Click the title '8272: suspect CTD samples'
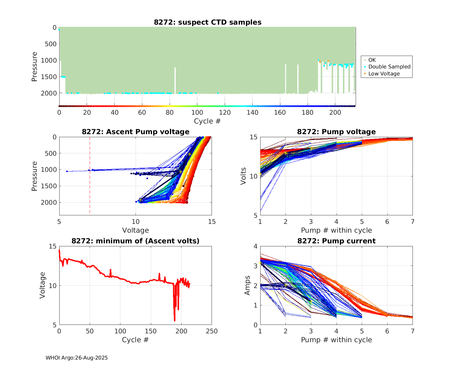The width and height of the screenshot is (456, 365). [208, 22]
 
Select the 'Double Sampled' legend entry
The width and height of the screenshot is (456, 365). [389, 67]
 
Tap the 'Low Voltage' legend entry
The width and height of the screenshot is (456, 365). [384, 74]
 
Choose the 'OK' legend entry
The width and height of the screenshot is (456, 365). [372, 60]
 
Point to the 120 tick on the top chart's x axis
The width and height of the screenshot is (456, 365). [225, 113]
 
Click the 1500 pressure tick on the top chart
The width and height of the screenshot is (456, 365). [49, 77]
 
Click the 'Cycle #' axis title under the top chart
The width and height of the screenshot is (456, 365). [207, 121]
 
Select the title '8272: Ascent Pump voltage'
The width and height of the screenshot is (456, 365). [136, 132]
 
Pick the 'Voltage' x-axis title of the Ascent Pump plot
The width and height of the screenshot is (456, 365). [136, 230]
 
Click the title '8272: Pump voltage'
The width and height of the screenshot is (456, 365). [336, 132]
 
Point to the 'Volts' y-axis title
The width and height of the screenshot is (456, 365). [243, 176]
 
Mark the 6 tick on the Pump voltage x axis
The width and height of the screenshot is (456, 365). [387, 222]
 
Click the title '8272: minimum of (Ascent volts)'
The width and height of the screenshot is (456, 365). [136, 241]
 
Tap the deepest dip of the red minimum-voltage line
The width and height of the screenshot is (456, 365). [174, 320]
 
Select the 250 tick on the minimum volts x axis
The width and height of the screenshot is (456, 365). [212, 331]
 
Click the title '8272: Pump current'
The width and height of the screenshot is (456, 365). [336, 241]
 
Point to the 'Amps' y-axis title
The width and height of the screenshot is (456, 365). [247, 285]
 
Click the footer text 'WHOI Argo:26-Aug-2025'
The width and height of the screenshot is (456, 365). [77, 358]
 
